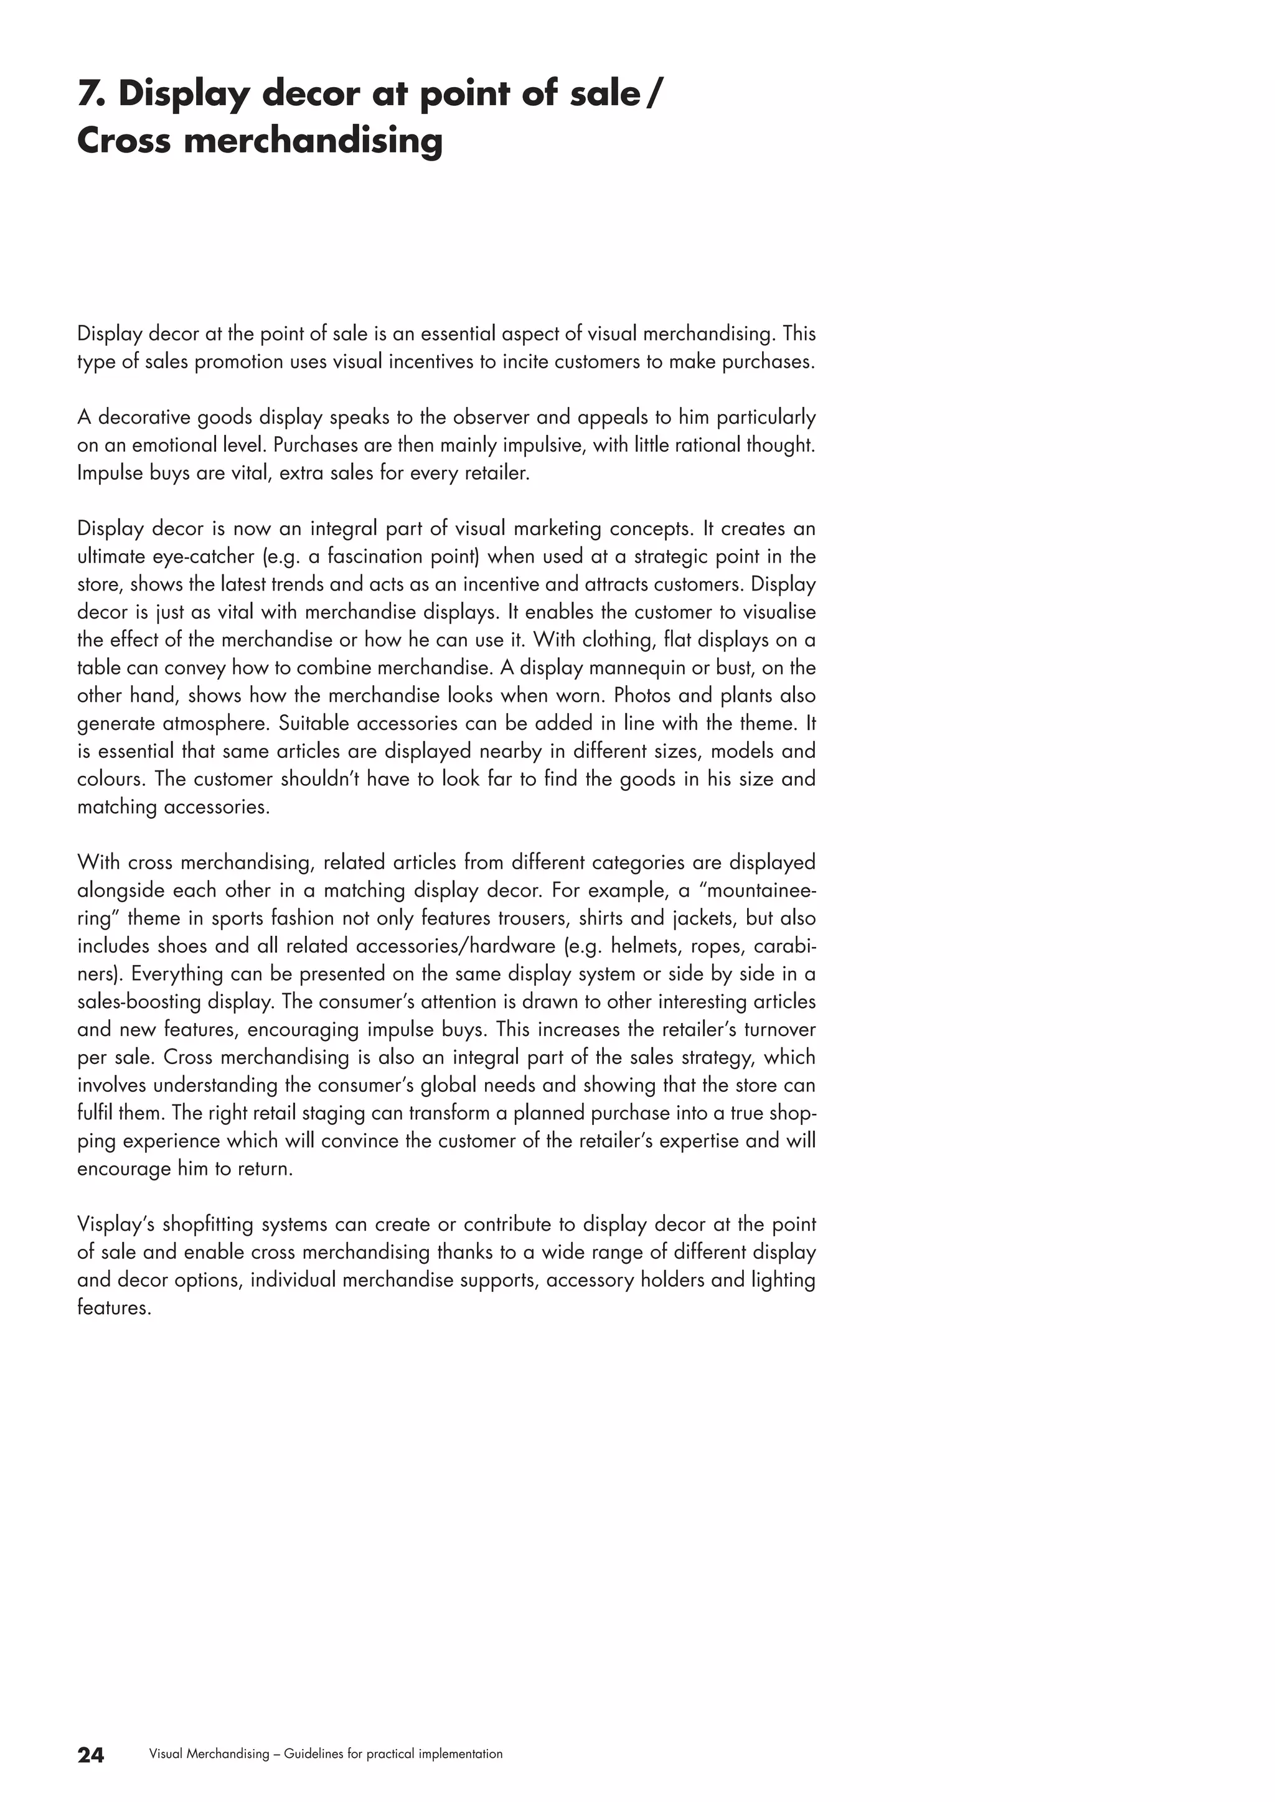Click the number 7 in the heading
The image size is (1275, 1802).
point(90,94)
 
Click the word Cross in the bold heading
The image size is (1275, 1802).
point(123,141)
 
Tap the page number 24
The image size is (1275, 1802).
point(90,1755)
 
